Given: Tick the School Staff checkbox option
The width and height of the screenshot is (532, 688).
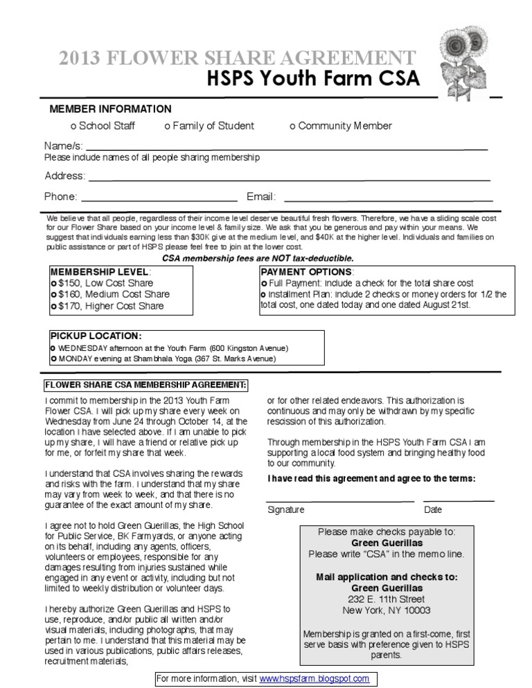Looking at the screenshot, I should [x=73, y=126].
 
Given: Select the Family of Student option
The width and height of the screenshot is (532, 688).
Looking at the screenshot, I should [x=167, y=126].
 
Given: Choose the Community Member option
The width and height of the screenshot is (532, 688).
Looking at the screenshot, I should [x=292, y=126].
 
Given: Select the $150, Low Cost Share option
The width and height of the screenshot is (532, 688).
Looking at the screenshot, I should [x=53, y=283].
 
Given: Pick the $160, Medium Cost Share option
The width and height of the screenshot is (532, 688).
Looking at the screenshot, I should [x=53, y=294].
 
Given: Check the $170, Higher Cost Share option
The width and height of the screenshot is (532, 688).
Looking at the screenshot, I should [x=53, y=306].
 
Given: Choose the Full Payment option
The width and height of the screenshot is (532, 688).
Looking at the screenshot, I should [x=263, y=284].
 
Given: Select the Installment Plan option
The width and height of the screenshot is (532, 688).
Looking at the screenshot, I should [x=263, y=294].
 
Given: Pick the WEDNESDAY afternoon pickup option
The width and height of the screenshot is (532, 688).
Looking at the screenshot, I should [x=53, y=347].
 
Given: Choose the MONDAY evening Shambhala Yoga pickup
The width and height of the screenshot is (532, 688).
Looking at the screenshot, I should [x=53, y=359].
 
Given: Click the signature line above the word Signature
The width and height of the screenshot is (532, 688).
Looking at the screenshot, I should [x=340, y=498].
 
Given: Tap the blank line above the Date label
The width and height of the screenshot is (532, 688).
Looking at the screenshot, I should [x=459, y=498].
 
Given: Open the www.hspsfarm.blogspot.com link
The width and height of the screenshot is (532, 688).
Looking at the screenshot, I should [x=314, y=679].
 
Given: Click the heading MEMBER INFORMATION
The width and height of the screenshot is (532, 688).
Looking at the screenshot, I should [x=110, y=109].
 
